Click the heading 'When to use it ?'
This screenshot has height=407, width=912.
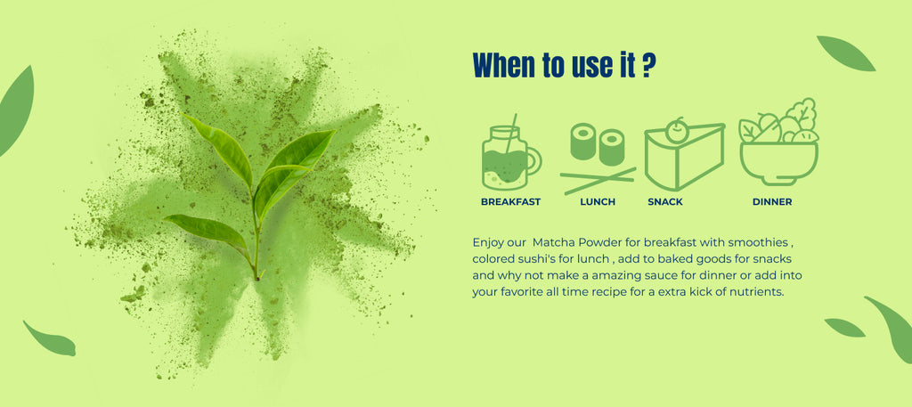tap(564, 65)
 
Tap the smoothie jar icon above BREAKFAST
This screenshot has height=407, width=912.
tap(511, 152)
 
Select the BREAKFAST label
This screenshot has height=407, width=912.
tap(510, 202)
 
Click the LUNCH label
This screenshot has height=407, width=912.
tap(598, 202)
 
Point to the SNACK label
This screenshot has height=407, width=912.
tap(665, 202)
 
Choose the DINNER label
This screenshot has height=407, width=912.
tap(772, 202)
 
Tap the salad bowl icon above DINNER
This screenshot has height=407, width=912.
tap(778, 142)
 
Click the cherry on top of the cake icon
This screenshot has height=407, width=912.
tap(676, 130)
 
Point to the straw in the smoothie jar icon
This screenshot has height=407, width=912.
tap(511, 134)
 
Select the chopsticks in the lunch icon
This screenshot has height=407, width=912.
tap(598, 180)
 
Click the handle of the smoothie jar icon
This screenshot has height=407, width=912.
tap(534, 160)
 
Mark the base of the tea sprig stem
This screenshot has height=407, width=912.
tap(256, 278)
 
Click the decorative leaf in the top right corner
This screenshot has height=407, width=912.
tap(846, 53)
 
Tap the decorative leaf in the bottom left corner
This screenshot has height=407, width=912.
tap(51, 340)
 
